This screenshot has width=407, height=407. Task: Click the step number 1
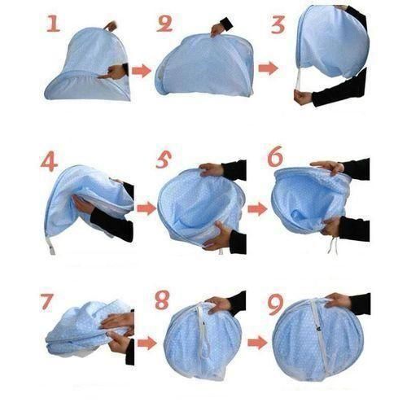[54, 24]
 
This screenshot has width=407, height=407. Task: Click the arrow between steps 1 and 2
[142, 71]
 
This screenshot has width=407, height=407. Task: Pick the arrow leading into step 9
[256, 342]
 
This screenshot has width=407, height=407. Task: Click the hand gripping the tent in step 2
[220, 29]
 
